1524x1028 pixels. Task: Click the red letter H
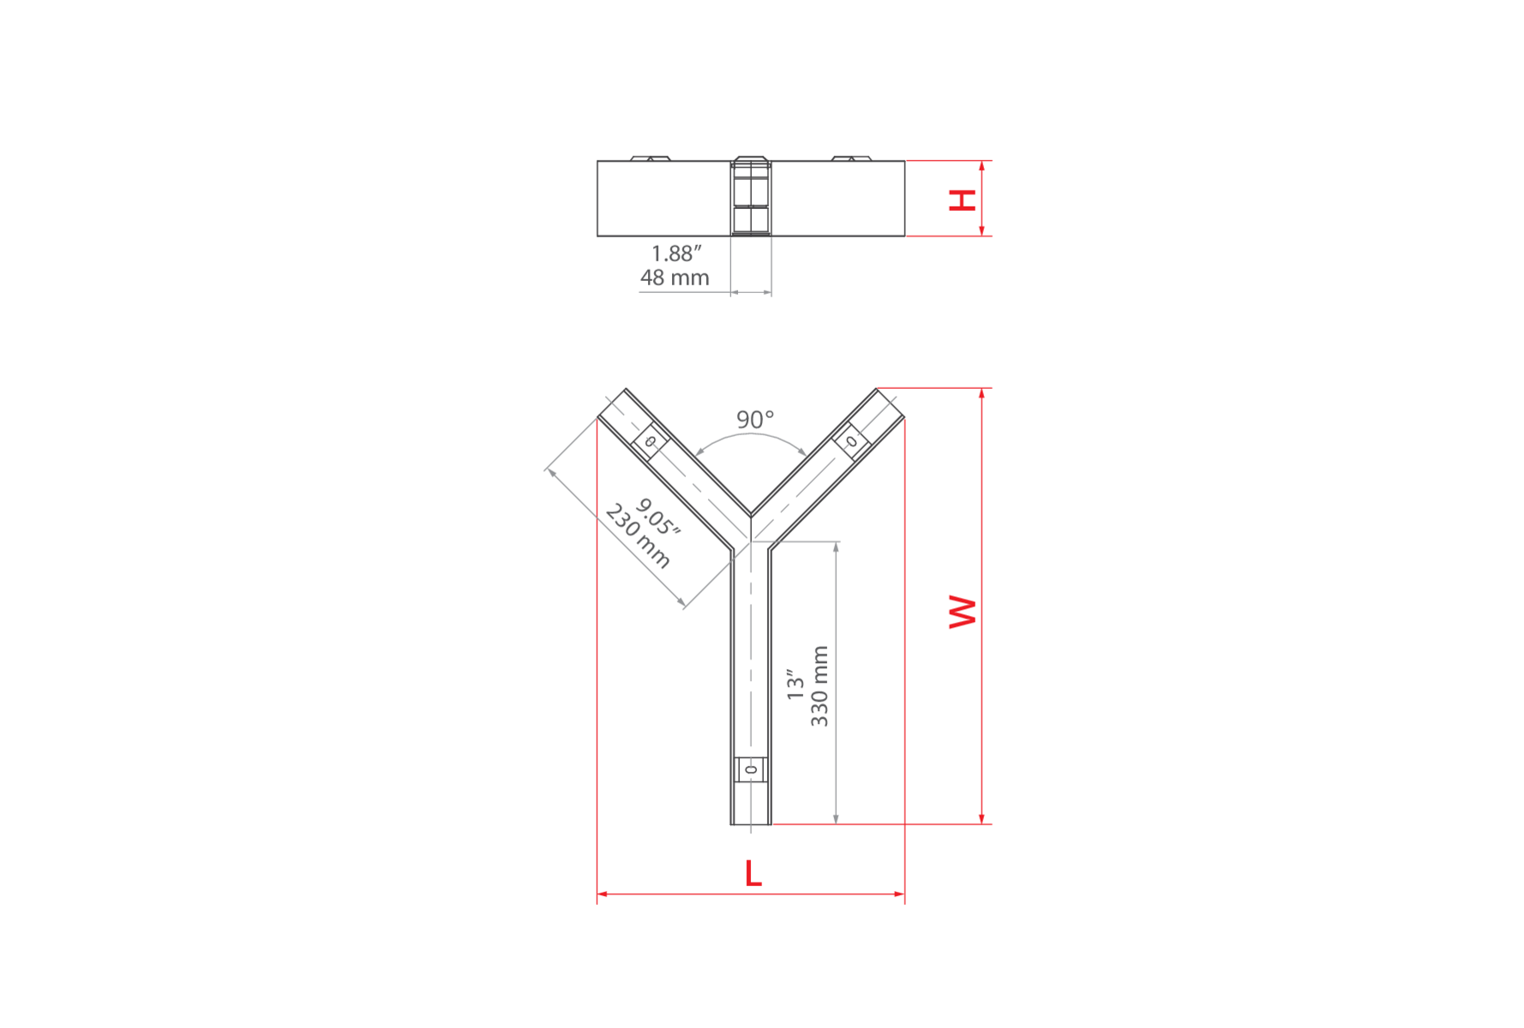pos(963,200)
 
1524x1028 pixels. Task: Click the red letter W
pos(963,612)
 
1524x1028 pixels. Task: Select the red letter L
pos(753,874)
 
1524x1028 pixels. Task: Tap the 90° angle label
pos(755,420)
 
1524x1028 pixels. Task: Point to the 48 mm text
pos(675,278)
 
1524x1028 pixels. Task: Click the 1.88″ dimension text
pos(676,254)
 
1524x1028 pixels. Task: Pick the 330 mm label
pos(819,686)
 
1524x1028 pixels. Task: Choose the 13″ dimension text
pos(795,685)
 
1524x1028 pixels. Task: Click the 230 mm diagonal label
pos(638,536)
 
